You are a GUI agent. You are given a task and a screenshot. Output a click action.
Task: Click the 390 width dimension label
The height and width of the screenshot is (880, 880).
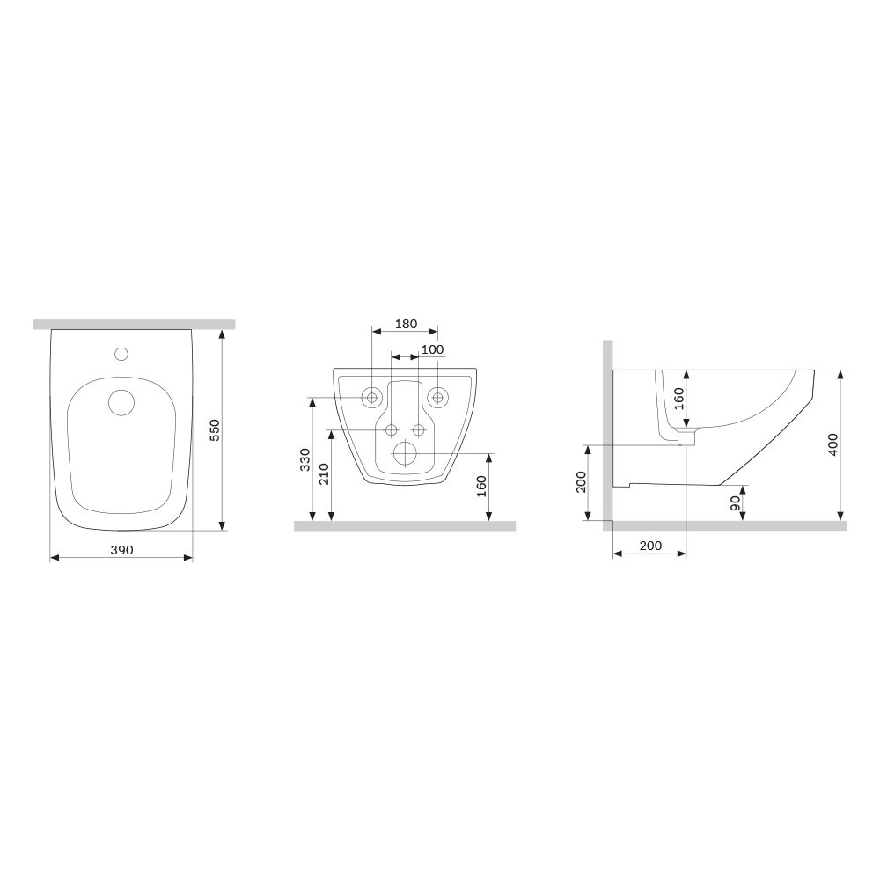coord(121,550)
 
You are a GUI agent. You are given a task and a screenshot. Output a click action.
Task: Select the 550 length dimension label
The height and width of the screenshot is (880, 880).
coord(215,430)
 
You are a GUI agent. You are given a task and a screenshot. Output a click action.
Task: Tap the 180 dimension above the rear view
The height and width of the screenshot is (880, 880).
coord(406,324)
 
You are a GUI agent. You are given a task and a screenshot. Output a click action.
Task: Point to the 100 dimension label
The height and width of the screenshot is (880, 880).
coord(432,349)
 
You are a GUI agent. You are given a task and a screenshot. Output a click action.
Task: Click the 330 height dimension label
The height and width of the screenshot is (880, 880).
coord(304,459)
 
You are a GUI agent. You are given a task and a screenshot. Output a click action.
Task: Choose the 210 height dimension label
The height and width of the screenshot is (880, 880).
coord(324,474)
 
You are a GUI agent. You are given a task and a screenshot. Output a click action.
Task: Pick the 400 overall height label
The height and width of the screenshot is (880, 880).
coord(832,444)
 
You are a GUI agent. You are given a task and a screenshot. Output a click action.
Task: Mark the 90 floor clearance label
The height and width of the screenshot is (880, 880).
coord(735,503)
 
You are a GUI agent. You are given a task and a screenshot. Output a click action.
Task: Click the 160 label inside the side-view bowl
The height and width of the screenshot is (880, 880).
coord(679,399)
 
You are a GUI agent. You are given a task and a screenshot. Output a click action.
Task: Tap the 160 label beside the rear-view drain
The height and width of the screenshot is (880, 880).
coord(481,487)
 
